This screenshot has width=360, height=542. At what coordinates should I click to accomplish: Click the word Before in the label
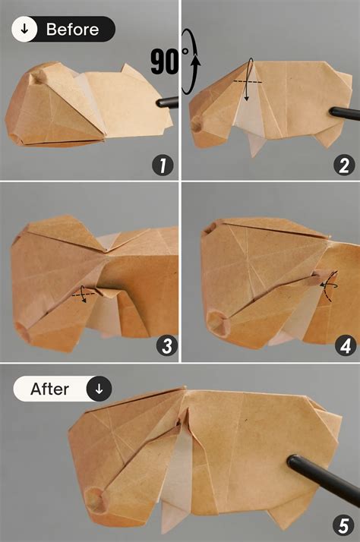tap(72, 30)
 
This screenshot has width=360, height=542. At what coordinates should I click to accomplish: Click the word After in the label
tap(50, 389)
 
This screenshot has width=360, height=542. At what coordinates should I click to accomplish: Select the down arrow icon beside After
tap(99, 389)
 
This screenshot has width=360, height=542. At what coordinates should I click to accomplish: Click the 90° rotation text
tap(165, 62)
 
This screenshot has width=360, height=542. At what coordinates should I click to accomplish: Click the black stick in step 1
tap(166, 100)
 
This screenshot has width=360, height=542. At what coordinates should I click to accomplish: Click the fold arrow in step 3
tap(83, 295)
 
